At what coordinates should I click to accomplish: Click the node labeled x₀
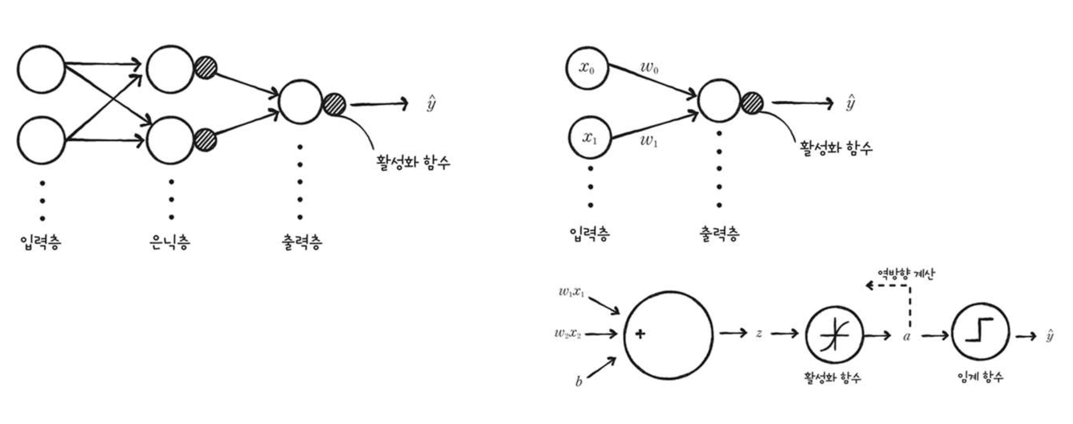pos(587,68)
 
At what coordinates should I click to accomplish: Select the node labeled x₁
pos(590,138)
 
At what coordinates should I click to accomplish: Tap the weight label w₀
pos(649,67)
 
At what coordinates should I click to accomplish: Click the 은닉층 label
pos(170,242)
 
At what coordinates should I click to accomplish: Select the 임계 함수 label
pos(980,377)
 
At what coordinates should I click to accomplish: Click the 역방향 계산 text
pos(906,274)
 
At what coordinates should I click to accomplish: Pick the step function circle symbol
pos(980,331)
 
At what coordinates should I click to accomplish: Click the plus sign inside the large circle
pos(640,334)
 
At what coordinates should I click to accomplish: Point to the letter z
pos(759,333)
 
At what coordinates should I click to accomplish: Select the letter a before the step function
pos(907,337)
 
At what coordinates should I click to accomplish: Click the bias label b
pos(579,381)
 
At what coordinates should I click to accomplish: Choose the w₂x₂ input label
pos(568,333)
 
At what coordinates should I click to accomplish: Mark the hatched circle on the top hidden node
pos(205,68)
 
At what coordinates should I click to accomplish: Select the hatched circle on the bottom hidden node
pos(205,140)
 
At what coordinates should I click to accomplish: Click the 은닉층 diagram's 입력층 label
pos(41,242)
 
